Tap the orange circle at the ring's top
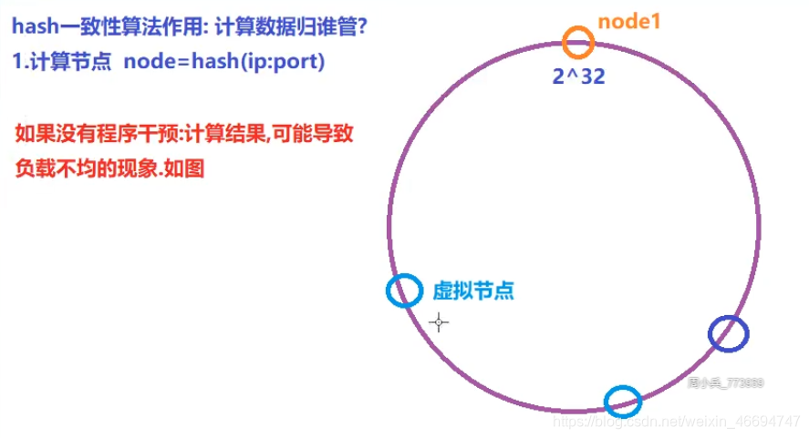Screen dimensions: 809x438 pos(578,42)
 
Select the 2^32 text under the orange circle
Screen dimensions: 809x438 pos(578,76)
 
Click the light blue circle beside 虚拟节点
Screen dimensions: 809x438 pos(404,290)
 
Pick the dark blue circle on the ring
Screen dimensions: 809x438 pos(728,333)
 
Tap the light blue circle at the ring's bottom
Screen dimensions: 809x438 pos(623,400)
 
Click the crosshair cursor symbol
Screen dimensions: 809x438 pos(439,321)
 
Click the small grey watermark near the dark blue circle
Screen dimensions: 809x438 pos(726,382)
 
